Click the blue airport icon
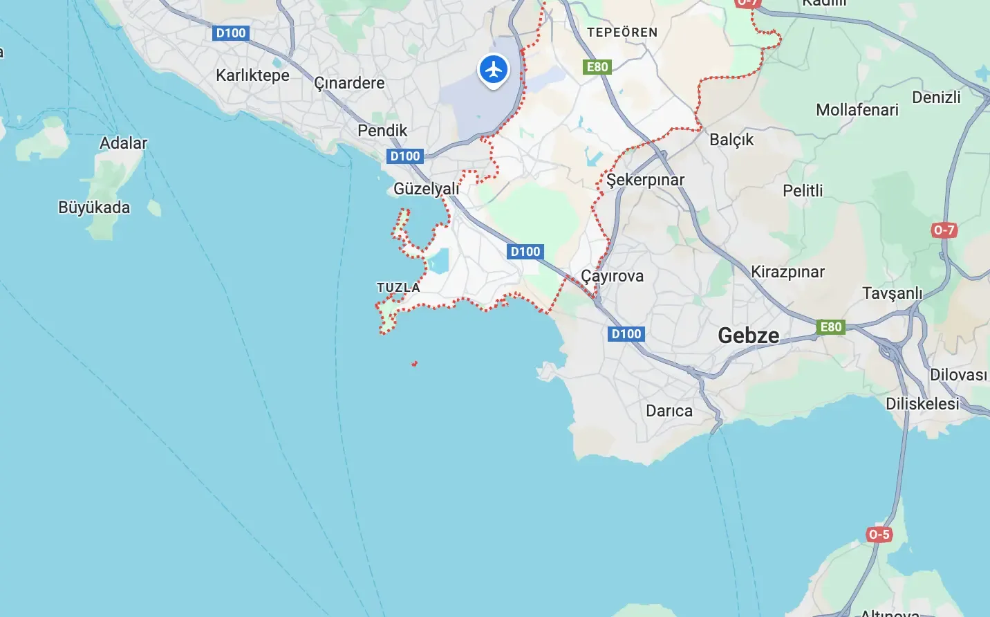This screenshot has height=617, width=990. pos(494,69)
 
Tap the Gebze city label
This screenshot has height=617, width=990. pos(748,335)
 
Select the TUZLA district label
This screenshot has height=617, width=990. pos(398,287)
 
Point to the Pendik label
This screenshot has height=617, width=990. pos(382,131)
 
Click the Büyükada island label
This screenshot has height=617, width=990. pos(94,208)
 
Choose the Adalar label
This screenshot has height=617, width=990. pos(124,143)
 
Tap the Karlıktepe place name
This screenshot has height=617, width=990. pos(252,75)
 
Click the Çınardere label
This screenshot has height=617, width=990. pos(349,83)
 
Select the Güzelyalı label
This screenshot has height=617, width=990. pos(426,189)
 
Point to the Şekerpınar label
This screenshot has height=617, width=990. pos(645,180)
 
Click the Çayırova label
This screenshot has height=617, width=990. pos(612,276)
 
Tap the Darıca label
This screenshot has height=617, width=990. pos(669,411)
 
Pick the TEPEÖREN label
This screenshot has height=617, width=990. pos(622,33)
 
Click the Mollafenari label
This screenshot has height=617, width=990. pos(857,110)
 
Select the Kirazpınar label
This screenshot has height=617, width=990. pos(787,272)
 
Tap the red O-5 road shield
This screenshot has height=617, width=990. pos(879,534)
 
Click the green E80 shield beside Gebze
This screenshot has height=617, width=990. pos(831,327)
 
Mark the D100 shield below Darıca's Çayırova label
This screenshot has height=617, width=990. pos(626,334)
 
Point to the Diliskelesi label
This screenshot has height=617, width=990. pos(922,404)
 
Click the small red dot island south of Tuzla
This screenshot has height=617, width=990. pos(414,363)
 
